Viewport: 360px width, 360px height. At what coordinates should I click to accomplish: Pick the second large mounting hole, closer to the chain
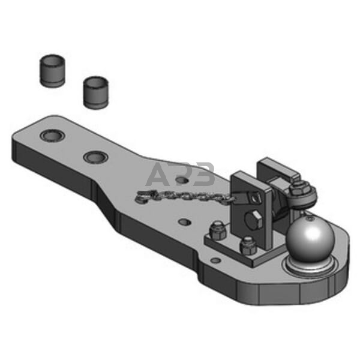(x=95, y=157)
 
